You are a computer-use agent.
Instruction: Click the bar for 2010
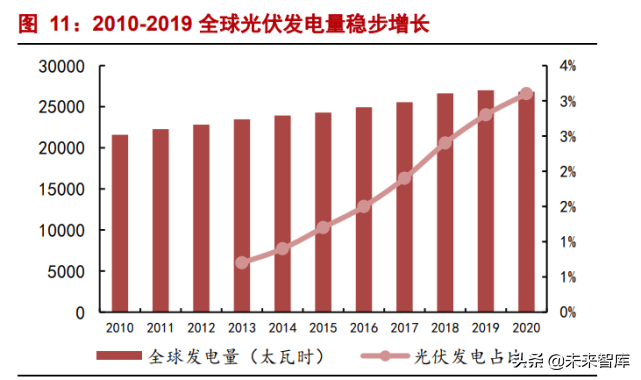119,223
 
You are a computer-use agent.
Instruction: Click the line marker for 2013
242,263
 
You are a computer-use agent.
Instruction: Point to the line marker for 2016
364,206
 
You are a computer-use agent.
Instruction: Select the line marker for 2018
445,143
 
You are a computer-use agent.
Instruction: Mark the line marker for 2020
526,94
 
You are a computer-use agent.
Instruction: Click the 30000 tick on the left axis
63,67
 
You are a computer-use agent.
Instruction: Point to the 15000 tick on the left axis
63,190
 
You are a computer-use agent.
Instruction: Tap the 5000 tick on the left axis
67,271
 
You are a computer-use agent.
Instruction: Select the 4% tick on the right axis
567,67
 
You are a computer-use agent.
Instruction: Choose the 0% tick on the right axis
567,312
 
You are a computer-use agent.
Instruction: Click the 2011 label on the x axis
160,328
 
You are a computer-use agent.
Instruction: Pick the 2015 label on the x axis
323,328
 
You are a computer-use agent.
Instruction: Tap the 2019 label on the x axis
486,328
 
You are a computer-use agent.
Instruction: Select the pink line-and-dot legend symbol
378,356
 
